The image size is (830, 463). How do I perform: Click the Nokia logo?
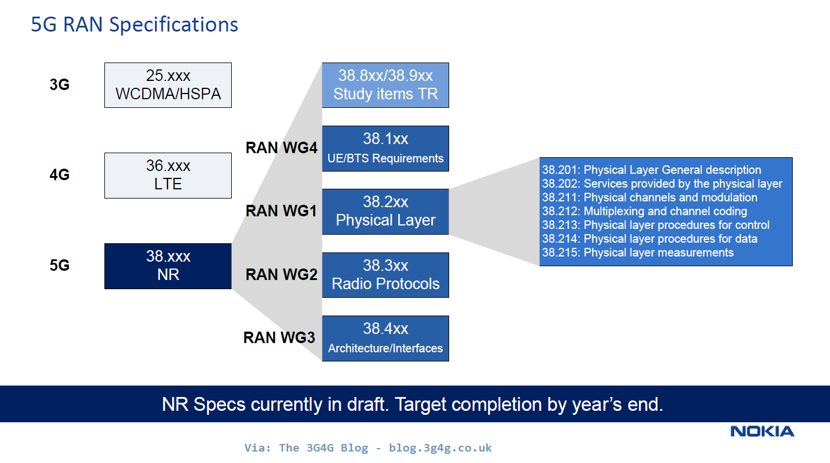point(762,431)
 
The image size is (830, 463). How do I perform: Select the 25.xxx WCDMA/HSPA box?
point(168,85)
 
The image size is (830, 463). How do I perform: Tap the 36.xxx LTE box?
point(168,176)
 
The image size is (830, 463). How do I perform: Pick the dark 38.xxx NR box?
point(168,266)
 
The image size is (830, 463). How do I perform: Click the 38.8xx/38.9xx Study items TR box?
point(385,85)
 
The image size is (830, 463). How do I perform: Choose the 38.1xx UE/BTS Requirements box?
point(385,149)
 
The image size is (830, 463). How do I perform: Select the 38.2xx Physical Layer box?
point(385,212)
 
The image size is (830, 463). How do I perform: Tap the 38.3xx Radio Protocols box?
point(385,275)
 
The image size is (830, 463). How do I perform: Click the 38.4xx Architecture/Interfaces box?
point(385,339)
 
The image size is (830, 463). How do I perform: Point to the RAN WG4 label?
point(281,148)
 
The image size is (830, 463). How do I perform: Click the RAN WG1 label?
point(281,211)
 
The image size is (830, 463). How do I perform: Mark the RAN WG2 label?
point(281,275)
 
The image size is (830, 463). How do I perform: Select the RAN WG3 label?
point(279,337)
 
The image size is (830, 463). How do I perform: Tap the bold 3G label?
point(59,85)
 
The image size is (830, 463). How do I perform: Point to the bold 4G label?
point(59,175)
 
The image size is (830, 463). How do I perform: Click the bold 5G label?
point(59,266)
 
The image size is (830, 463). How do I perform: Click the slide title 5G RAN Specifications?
point(134,25)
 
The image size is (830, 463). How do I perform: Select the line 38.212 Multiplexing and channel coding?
point(644,211)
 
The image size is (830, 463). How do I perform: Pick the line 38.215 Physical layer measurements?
point(638,252)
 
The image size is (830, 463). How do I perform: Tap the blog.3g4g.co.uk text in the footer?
point(440,448)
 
